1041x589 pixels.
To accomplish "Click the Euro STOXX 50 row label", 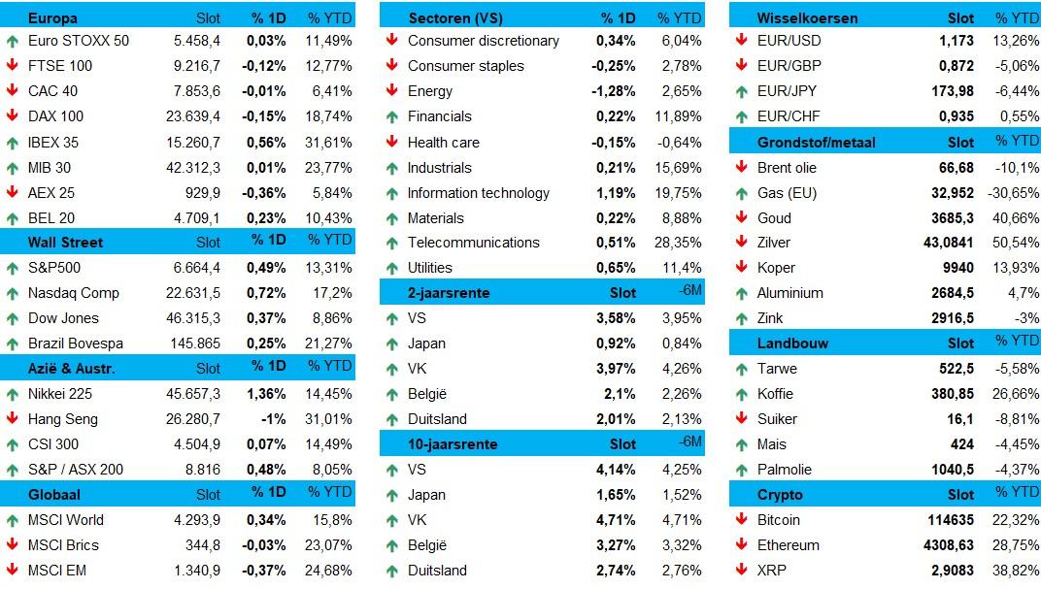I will click(79, 41).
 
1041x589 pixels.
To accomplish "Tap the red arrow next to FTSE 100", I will click(12, 66).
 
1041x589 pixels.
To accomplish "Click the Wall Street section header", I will click(65, 242).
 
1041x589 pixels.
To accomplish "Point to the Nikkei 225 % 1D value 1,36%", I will click(266, 394).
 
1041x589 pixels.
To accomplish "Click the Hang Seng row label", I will click(64, 419).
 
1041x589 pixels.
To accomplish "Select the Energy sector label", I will click(430, 91).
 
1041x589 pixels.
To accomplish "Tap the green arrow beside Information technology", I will click(391, 193).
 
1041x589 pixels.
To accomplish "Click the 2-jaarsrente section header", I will click(449, 292).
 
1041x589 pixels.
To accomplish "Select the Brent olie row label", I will click(787, 168).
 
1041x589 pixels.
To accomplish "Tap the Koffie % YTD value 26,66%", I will click(1016, 394).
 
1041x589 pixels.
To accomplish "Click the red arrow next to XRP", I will click(741, 571).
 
